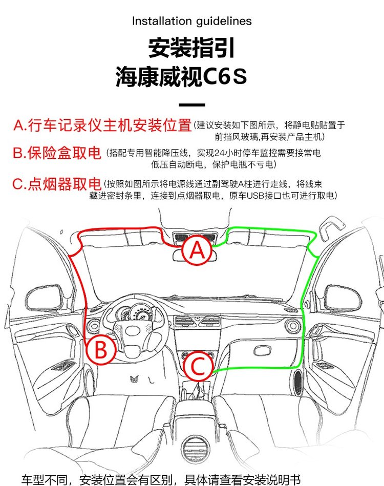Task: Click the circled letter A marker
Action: tap(197, 250)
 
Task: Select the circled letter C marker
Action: tap(198, 366)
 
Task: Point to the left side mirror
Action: tap(44, 298)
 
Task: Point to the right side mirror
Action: tap(343, 297)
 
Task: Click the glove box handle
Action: tap(262, 351)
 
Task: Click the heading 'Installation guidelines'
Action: tap(192, 21)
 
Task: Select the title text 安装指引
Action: tap(191, 48)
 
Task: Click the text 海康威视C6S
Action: tap(181, 76)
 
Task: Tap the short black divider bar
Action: tap(192, 105)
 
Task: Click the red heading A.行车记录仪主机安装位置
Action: tap(102, 125)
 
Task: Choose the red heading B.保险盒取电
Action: tap(57, 153)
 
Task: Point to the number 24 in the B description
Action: tap(218, 153)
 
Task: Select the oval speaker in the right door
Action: tap(298, 382)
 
